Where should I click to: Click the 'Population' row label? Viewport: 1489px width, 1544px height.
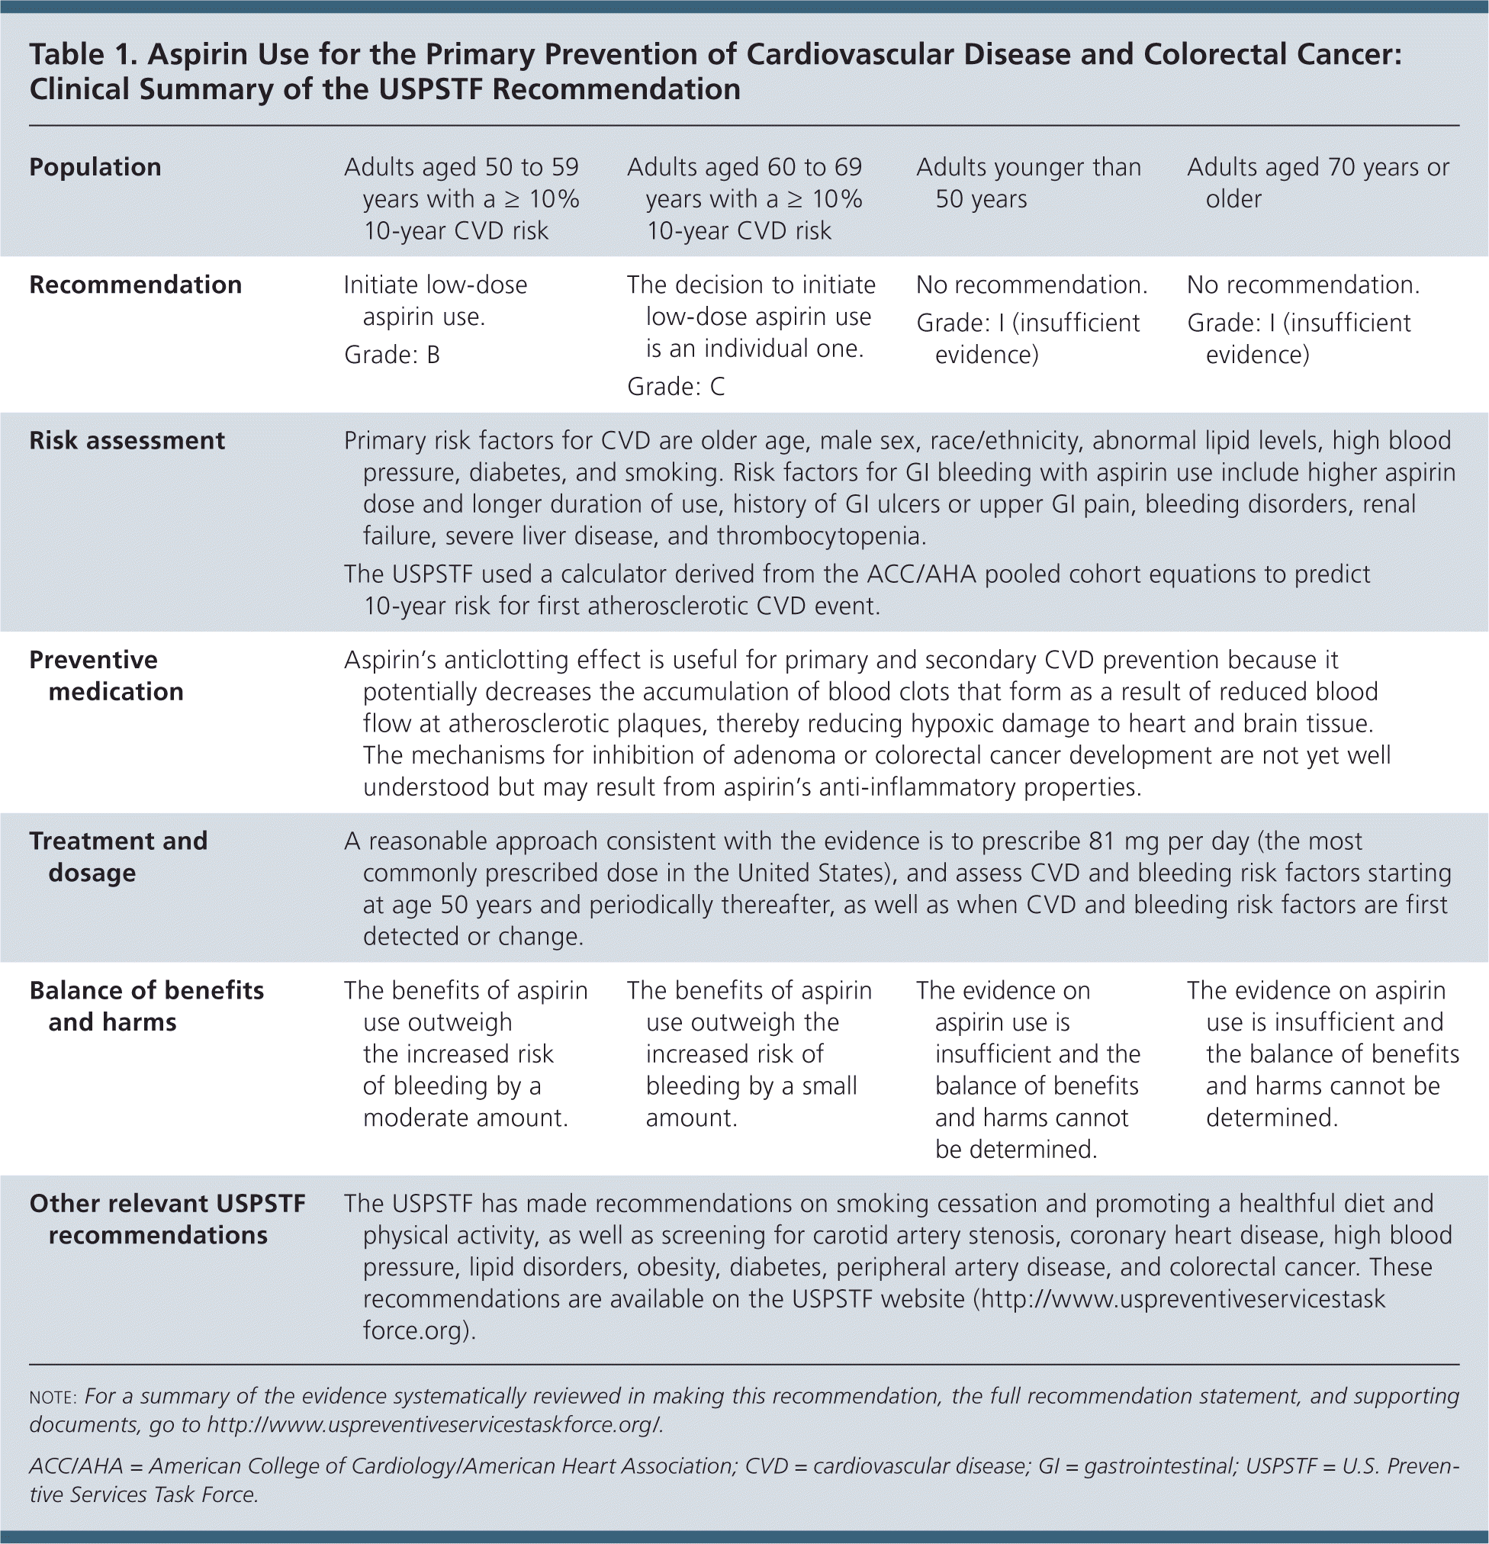[95, 167]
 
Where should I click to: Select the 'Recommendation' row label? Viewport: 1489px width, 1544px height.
[136, 285]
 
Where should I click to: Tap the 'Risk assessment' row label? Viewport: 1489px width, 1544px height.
[127, 440]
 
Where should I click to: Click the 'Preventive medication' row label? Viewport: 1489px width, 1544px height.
[106, 675]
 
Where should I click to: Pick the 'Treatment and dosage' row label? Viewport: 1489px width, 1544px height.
[118, 856]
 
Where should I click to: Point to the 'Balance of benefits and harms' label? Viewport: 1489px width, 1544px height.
[146, 1006]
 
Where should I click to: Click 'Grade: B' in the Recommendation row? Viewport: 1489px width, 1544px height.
[391, 355]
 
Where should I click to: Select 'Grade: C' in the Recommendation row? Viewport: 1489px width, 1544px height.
[675, 386]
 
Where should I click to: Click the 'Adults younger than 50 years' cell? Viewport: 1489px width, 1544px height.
[1028, 183]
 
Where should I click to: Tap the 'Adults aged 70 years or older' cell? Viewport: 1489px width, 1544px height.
[1317, 183]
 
